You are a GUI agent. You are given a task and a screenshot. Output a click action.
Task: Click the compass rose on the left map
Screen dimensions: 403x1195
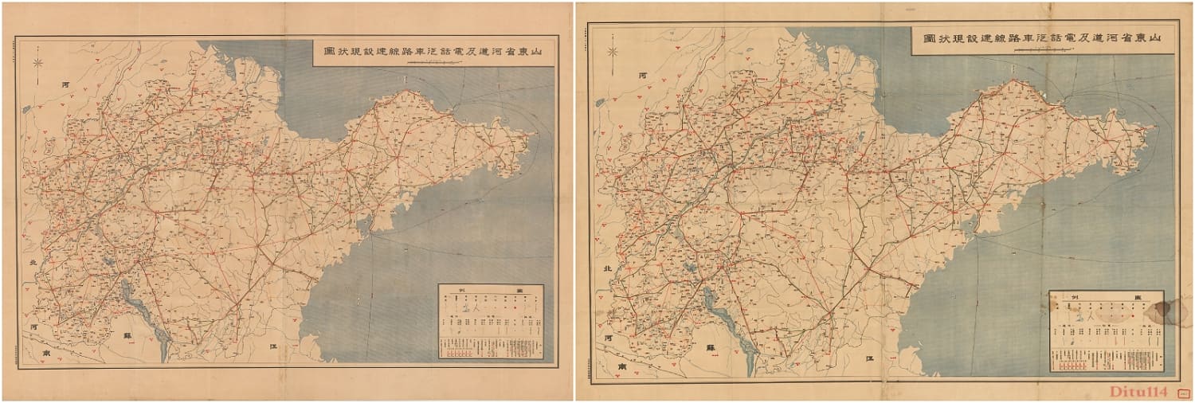point(37,62)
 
